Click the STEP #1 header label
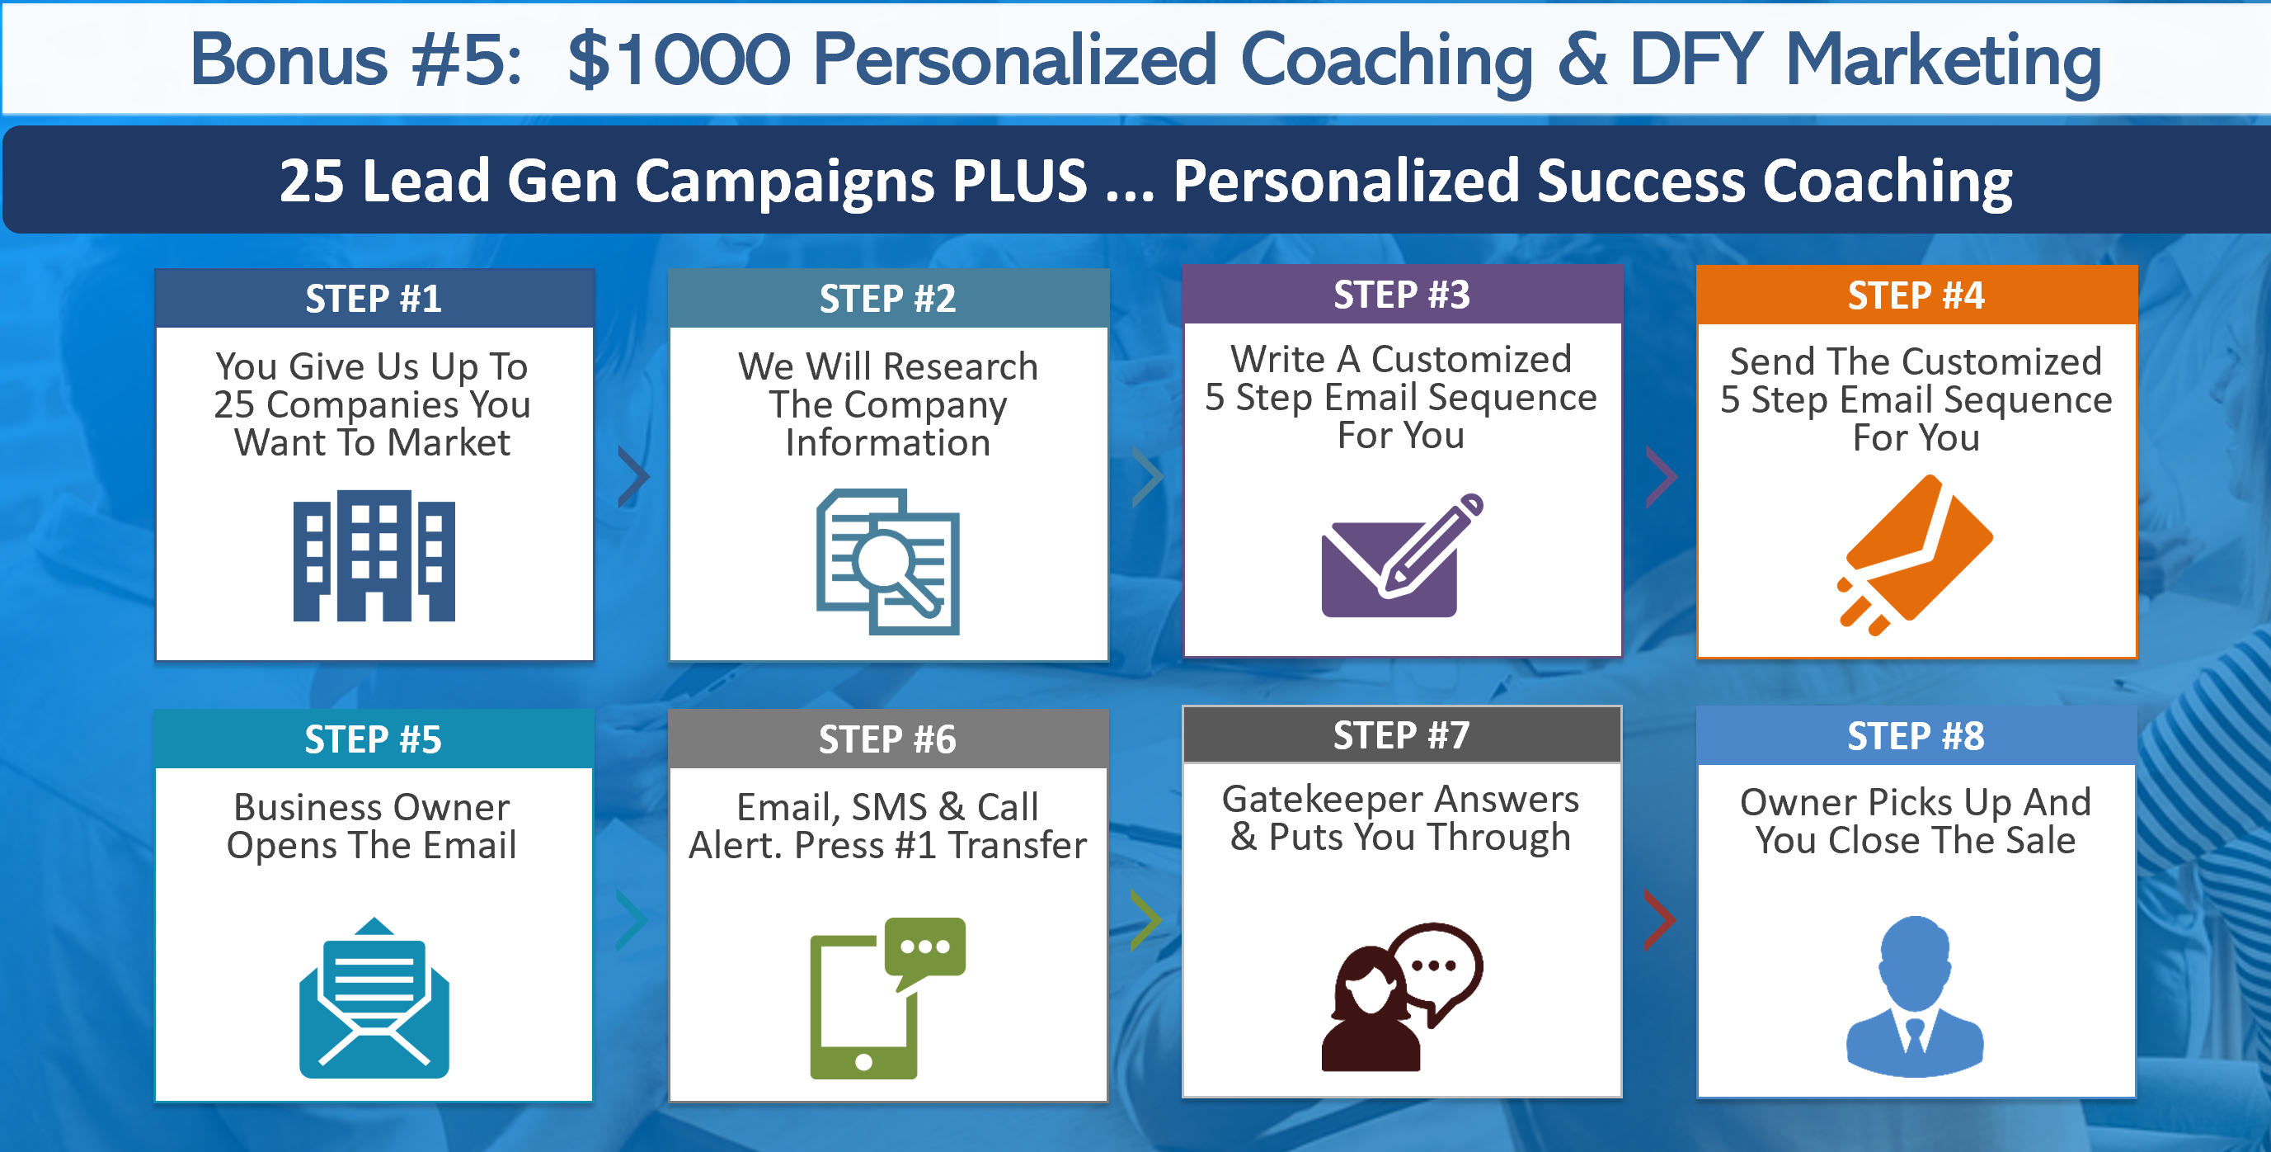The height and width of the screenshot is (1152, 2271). [x=374, y=299]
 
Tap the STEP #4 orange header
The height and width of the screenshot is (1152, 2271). [x=1916, y=295]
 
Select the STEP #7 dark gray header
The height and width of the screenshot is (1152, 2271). [x=1402, y=734]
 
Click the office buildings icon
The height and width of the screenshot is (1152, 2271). [x=374, y=555]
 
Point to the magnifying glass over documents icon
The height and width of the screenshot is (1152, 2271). [x=888, y=562]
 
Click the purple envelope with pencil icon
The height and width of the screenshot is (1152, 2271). [x=1402, y=555]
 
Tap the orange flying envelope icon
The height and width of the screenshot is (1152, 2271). [x=1915, y=555]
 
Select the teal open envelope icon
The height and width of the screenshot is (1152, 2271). [x=374, y=998]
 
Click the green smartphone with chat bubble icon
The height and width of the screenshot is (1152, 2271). [x=888, y=998]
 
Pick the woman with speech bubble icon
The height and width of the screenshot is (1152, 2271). [x=1402, y=997]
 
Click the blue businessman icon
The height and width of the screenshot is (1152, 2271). [x=1915, y=997]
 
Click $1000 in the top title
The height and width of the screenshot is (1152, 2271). [x=679, y=60]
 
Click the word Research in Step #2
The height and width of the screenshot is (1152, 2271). [x=961, y=367]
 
